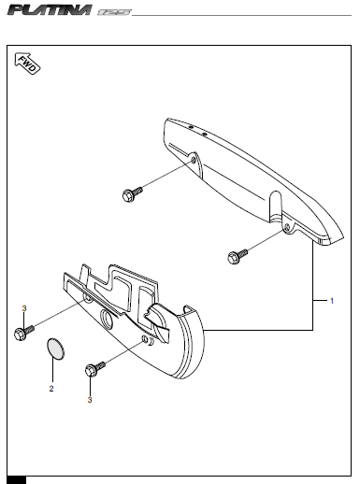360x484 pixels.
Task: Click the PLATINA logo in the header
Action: coord(50,10)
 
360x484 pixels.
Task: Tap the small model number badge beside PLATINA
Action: coord(114,12)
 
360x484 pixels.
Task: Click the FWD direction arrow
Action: coord(27,64)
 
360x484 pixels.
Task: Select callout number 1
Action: coord(332,301)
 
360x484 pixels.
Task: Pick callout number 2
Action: coord(51,389)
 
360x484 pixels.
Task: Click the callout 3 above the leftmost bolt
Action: coord(24,308)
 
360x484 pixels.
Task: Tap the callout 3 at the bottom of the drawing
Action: coord(90,400)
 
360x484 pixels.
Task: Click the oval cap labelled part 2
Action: coord(55,349)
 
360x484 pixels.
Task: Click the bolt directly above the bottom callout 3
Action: coord(94,369)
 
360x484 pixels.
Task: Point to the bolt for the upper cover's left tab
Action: coord(133,193)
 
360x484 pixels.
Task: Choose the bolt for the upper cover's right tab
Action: coord(238,256)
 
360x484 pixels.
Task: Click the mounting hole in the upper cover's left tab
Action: coord(194,160)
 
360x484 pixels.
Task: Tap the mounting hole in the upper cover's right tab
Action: coord(287,227)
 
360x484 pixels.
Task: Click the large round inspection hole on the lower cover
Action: coord(107,319)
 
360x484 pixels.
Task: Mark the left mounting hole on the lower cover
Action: coord(88,298)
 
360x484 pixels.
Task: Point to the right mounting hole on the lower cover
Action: coord(145,339)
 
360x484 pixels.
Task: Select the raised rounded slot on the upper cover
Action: coord(275,205)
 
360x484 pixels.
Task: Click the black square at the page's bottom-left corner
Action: coord(17,479)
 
